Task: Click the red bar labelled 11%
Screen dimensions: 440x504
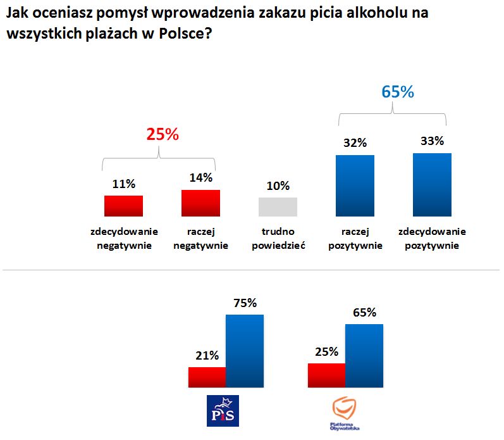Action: point(123,206)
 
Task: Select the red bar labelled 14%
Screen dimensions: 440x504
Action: point(200,203)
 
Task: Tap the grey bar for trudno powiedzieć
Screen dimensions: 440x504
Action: point(278,207)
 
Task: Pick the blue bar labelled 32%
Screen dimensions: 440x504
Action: point(355,185)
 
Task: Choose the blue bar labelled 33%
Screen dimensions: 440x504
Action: point(432,184)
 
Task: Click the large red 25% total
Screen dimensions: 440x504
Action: point(163,134)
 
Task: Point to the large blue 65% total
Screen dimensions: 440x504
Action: point(397,92)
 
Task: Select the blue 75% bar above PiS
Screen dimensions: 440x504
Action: point(245,350)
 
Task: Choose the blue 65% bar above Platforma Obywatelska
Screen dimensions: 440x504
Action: point(364,355)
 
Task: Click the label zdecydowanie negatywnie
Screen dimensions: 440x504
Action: point(124,238)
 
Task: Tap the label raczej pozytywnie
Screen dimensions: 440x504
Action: point(355,238)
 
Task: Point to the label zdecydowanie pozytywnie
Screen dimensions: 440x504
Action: point(432,238)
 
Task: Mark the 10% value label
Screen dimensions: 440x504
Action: point(278,186)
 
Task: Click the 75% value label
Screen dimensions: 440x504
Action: point(245,303)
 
